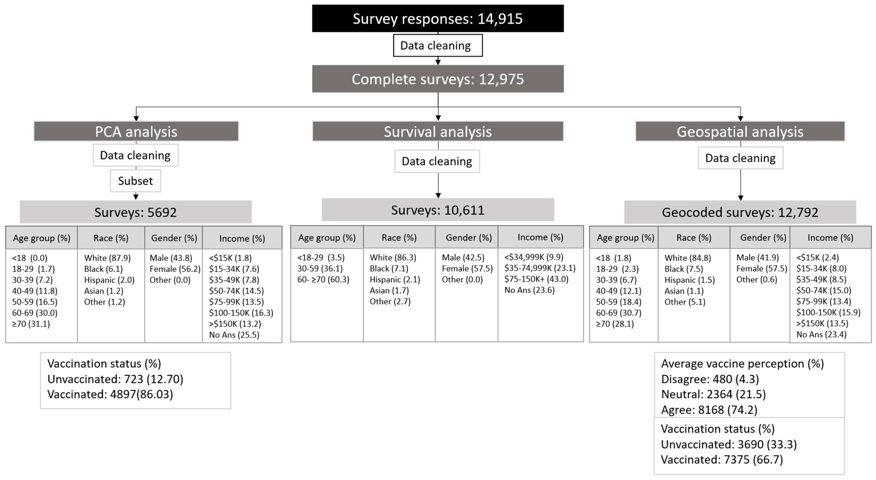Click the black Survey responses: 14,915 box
click(438, 18)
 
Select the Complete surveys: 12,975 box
click(438, 79)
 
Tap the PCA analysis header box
click(136, 131)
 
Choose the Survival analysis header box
click(438, 131)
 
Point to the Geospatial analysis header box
click(740, 131)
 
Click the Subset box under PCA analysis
click(135, 181)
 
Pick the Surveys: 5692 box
click(135, 212)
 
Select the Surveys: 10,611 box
click(438, 210)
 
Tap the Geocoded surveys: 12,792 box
click(740, 212)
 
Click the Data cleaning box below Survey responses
click(438, 45)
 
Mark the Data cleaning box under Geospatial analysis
click(740, 158)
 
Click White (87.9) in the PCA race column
click(107, 258)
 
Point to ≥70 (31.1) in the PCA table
click(31, 324)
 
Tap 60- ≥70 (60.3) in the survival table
click(323, 279)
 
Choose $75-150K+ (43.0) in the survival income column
click(536, 279)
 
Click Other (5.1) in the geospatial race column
click(685, 302)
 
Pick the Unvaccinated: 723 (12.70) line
click(115, 379)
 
